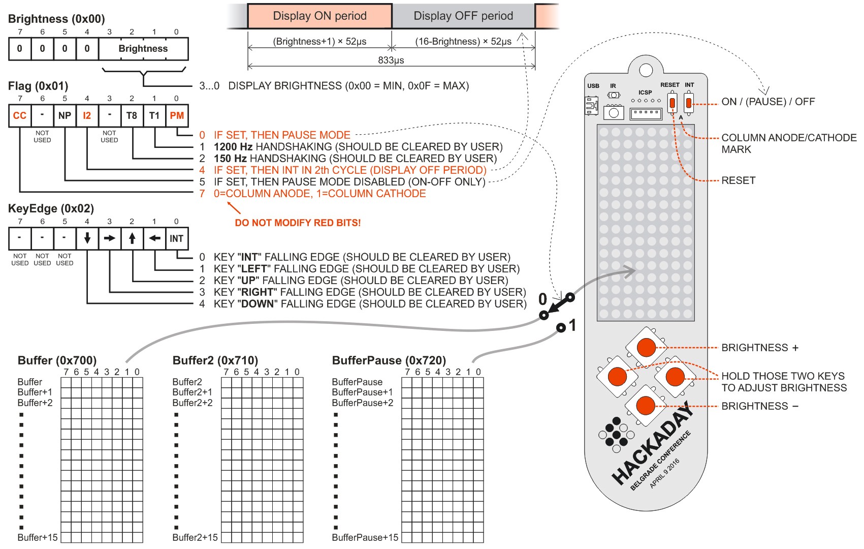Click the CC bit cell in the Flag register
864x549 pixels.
[x=20, y=115]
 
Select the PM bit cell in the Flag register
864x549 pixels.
[x=177, y=115]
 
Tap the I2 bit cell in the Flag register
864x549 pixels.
[x=87, y=115]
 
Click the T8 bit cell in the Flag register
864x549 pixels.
[x=132, y=115]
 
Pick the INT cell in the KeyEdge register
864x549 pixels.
[x=177, y=238]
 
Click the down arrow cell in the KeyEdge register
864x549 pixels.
[x=87, y=238]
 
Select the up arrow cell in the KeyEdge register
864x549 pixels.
[x=132, y=238]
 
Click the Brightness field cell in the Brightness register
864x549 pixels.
[x=143, y=49]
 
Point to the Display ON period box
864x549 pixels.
[x=319, y=16]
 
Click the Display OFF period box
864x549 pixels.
[x=463, y=16]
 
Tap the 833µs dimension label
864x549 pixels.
[x=391, y=60]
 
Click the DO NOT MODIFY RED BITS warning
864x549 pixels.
[x=298, y=223]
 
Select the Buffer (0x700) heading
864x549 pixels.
[x=57, y=360]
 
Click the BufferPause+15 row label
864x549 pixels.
[x=365, y=537]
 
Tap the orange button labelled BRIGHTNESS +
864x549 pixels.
[x=646, y=348]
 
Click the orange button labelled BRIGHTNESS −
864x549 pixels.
[x=646, y=406]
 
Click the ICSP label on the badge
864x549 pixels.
[x=645, y=93]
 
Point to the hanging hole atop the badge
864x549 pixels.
[x=646, y=70]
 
